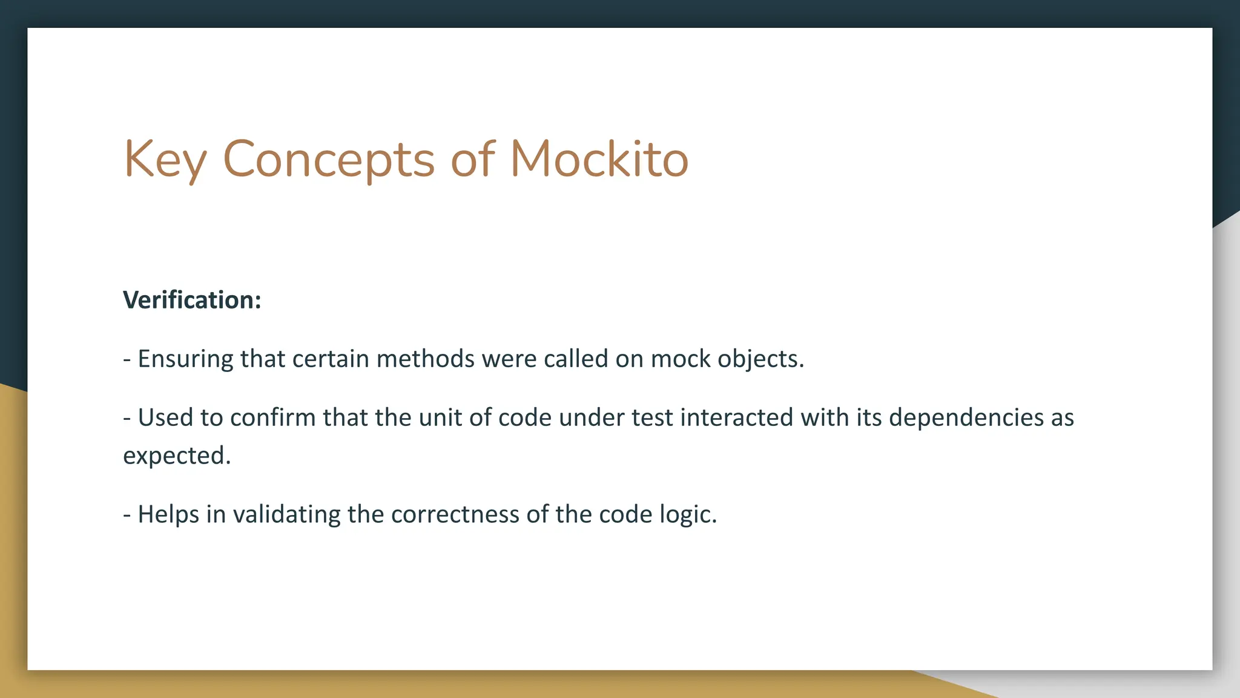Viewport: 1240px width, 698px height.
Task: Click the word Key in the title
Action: coord(165,159)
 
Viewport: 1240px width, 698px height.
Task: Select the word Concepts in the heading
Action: coord(328,159)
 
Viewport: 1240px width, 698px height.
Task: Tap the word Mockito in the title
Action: coord(599,159)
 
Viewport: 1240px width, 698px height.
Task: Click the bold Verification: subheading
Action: coord(192,300)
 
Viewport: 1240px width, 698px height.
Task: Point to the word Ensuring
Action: coord(185,359)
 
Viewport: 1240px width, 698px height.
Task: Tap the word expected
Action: coord(177,456)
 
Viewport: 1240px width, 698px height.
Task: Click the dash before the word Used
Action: coord(127,418)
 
